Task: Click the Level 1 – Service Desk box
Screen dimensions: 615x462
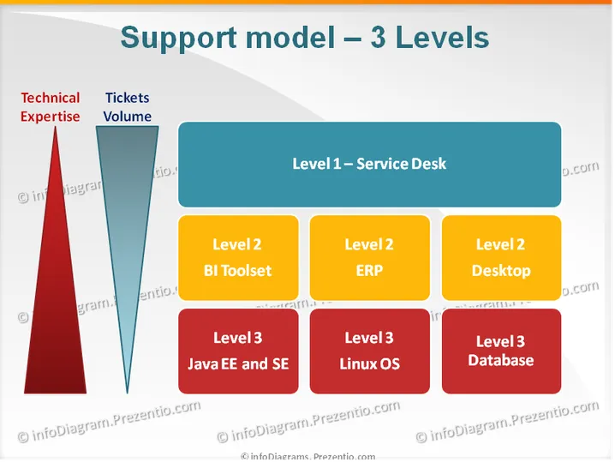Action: (369, 164)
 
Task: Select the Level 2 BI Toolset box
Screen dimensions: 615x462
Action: (238, 257)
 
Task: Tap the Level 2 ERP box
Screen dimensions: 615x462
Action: (369, 257)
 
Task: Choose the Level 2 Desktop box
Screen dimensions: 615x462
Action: (501, 257)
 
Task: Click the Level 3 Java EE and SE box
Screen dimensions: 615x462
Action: (238, 351)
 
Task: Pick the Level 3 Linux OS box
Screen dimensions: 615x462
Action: (369, 351)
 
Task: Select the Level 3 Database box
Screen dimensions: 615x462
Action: (501, 351)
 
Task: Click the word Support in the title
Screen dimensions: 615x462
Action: (178, 39)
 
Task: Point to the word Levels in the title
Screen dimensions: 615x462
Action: (443, 38)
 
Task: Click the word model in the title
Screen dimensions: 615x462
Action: (290, 38)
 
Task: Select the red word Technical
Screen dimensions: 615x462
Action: (51, 98)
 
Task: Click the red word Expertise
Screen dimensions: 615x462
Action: (51, 117)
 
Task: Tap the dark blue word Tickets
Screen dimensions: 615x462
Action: (127, 98)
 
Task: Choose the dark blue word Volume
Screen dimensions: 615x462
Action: (127, 117)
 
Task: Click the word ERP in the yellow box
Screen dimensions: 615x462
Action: (369, 271)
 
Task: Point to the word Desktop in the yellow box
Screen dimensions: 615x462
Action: (501, 271)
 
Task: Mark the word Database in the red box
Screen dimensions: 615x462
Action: (501, 360)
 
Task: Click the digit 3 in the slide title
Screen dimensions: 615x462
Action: (378, 38)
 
